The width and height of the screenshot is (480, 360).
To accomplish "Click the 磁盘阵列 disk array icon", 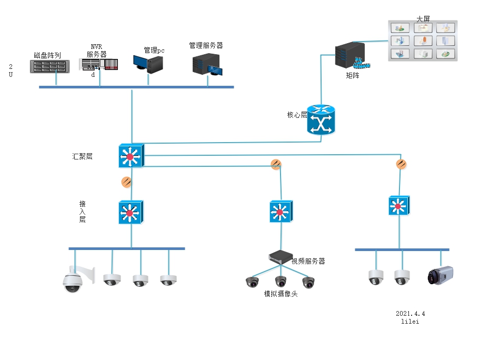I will coord(50,66).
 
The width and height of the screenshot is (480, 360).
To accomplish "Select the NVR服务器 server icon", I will coord(99,65).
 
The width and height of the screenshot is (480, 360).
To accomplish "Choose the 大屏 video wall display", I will coord(423,41).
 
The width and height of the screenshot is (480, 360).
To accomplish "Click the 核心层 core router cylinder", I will coord(321,119).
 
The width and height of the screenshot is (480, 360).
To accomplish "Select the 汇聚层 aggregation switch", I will coord(131,156).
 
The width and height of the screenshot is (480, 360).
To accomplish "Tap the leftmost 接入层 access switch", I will coord(131,213).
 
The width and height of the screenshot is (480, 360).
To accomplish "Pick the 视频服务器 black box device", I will coord(280,257).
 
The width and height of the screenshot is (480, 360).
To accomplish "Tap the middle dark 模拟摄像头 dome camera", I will coord(281,282).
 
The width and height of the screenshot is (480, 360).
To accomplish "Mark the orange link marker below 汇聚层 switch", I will coord(126,182).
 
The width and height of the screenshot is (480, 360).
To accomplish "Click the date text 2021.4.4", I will coord(411,314).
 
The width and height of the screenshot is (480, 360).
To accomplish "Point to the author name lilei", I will coord(410,322).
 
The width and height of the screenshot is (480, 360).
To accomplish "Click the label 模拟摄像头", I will coord(281,294).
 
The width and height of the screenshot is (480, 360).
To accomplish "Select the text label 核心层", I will coord(297,115).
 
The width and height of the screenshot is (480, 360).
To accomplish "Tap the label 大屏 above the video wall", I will coord(423,19).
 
